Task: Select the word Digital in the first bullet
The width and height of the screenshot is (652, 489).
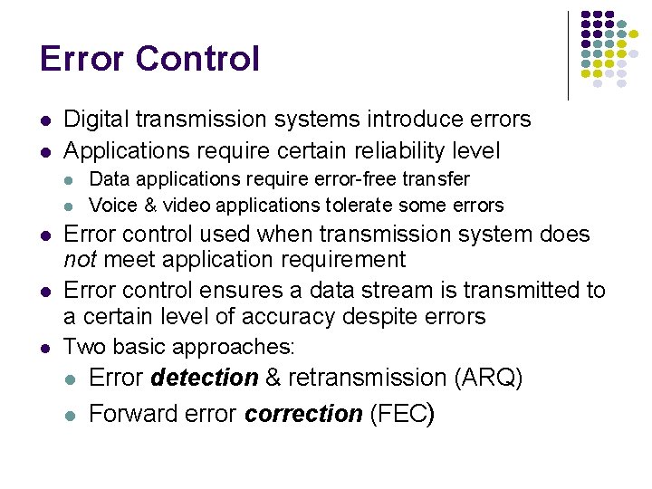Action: pos(94,120)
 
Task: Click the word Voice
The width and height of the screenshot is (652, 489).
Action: pos(110,206)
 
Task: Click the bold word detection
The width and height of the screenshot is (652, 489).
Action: pos(206,378)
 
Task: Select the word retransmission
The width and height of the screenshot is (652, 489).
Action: pos(369,378)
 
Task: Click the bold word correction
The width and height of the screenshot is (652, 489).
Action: pos(304,415)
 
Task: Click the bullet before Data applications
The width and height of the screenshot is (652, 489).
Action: pos(71,180)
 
